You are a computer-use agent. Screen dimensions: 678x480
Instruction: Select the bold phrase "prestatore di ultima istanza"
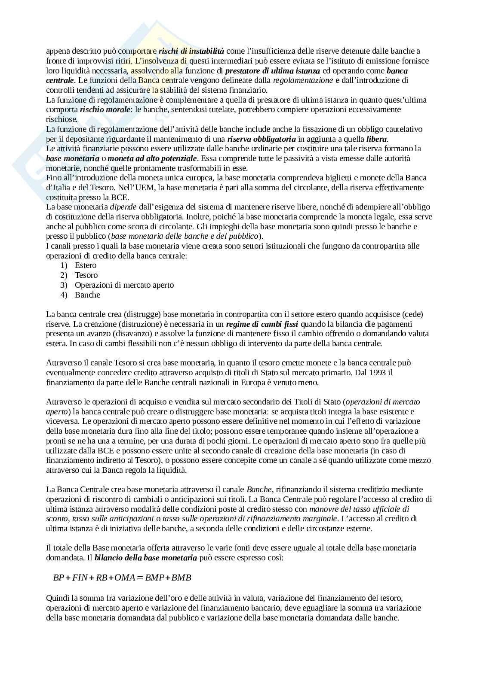pos(273,71)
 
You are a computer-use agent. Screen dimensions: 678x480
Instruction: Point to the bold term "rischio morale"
pos(105,109)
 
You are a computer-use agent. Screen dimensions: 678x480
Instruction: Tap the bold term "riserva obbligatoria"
pos(262,139)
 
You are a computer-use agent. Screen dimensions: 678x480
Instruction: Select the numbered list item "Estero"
pos(86,265)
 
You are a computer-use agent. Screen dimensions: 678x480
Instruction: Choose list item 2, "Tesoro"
pos(86,275)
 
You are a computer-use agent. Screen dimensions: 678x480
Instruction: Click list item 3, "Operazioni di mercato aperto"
pos(124,285)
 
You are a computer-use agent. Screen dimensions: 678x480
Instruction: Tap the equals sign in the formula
pos(139,578)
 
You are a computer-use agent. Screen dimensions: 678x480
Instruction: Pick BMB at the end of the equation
pos(181,578)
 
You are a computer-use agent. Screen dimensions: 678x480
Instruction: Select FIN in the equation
pos(80,578)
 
